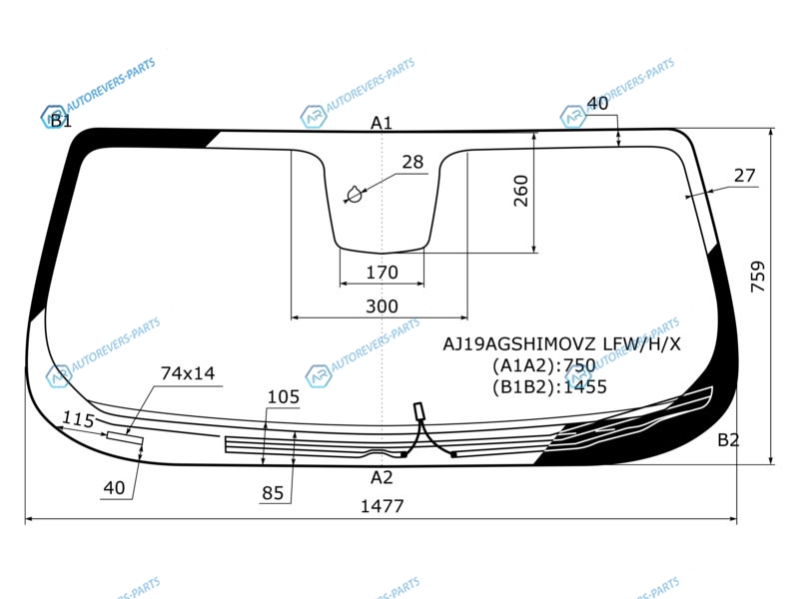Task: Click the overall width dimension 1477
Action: [x=382, y=506]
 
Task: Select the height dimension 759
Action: [x=758, y=277]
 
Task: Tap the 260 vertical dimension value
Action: [x=520, y=191]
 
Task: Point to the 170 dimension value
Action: [x=382, y=273]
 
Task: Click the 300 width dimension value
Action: [x=382, y=306]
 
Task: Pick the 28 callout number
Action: [x=412, y=162]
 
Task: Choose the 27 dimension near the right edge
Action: [x=744, y=176]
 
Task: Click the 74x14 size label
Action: [x=188, y=373]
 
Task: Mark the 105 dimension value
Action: [x=284, y=396]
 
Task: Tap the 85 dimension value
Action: [x=273, y=492]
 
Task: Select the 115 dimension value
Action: [x=79, y=419]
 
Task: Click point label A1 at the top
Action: [x=382, y=123]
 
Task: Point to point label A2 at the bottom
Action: [x=382, y=477]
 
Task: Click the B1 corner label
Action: [x=61, y=121]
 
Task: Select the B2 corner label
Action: [x=728, y=439]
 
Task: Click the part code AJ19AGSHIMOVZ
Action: [x=518, y=344]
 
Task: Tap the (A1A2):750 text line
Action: [x=543, y=365]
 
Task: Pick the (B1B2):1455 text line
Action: [x=549, y=387]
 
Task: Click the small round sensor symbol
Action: [x=355, y=194]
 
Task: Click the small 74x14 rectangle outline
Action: [x=125, y=438]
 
